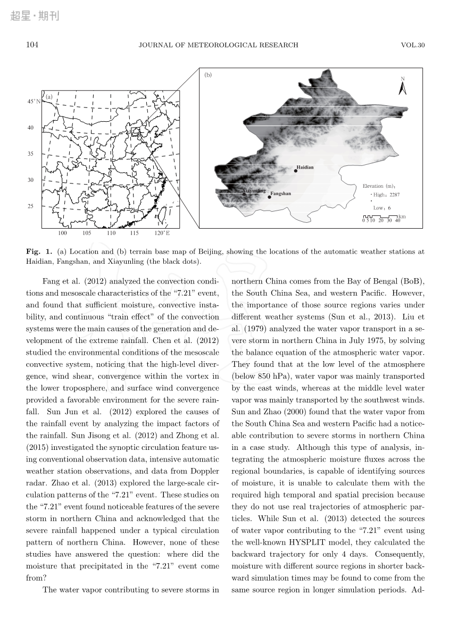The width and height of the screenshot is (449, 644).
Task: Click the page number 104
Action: (x=32, y=45)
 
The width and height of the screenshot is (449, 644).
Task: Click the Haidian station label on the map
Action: (x=305, y=168)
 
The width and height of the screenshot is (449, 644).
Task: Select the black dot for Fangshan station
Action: (x=269, y=197)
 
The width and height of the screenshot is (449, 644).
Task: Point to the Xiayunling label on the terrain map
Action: (x=254, y=190)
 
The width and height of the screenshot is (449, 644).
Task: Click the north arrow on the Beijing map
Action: (x=403, y=87)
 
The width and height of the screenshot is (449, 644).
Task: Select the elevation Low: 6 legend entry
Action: (x=381, y=208)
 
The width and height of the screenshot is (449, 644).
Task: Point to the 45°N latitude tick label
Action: (x=34, y=101)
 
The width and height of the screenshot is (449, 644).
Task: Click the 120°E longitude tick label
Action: (x=162, y=233)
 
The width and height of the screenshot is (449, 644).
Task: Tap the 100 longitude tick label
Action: (x=62, y=233)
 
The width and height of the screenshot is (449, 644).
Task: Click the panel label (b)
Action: (x=208, y=75)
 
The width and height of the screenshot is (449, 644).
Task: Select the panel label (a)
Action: (x=48, y=97)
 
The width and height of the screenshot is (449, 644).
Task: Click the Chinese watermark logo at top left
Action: (x=35, y=16)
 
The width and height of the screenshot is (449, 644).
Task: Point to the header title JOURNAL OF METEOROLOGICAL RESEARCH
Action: (x=218, y=45)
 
